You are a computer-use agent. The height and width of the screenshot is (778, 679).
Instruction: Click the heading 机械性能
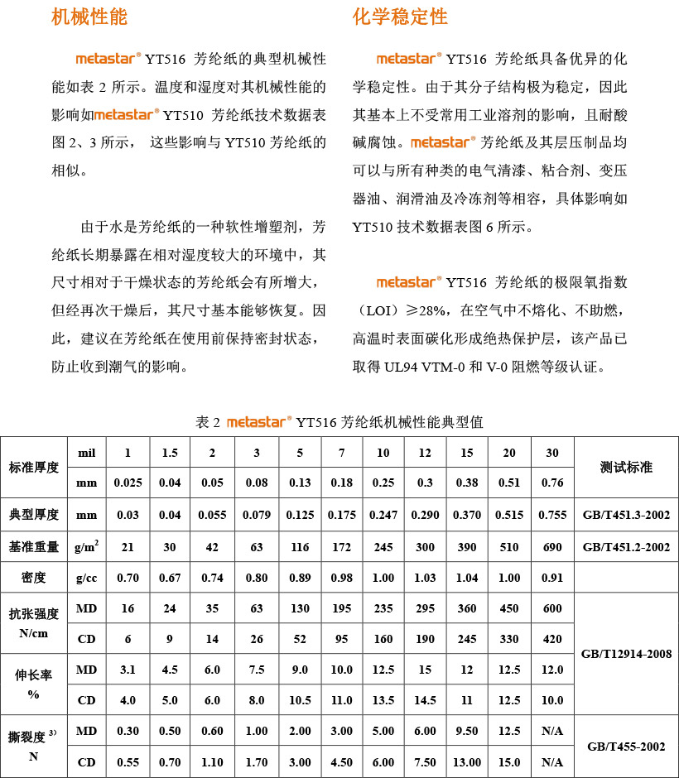coord(89,17)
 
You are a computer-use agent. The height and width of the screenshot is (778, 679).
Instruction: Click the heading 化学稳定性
coord(399,17)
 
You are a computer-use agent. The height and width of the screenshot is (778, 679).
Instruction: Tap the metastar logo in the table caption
coord(258,422)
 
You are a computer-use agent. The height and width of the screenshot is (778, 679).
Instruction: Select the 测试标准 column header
coord(626,468)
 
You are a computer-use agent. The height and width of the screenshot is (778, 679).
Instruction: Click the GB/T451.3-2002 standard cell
coord(626,515)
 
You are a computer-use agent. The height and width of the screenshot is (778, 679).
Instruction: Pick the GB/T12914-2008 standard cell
coord(626,654)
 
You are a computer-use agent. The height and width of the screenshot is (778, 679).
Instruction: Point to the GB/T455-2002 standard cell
coord(626,747)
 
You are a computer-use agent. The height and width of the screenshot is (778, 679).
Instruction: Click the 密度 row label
coord(34,577)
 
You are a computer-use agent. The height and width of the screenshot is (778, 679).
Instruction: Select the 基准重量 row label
coord(34,546)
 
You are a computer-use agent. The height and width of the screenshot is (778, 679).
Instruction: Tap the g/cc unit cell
coord(87,577)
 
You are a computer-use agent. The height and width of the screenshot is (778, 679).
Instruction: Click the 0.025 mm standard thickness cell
coord(128,483)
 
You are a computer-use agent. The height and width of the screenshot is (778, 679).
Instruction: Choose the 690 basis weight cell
coord(552,546)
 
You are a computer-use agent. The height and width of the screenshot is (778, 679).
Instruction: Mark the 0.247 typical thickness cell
coord(383,515)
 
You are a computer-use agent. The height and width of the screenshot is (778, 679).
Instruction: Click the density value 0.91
coord(552,577)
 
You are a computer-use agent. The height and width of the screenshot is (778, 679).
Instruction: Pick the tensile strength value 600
coord(552,608)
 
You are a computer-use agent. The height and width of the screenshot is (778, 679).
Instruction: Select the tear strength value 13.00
coord(468,761)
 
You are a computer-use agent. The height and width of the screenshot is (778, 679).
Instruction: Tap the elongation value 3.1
coord(128,670)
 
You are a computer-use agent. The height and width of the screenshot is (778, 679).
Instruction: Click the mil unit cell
coord(87,453)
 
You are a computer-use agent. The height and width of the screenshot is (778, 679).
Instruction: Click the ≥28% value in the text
coord(425,310)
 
